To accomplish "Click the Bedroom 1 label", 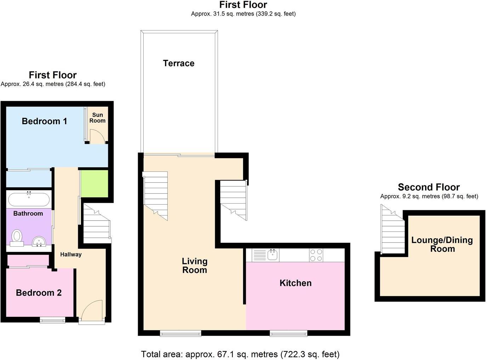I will pos(44,121).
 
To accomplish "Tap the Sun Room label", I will pos(97,118).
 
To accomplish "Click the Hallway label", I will pos(71,254).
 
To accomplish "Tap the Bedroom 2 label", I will pos(39,293).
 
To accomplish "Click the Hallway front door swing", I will pos(92,310).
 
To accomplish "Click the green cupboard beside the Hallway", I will pos(94,183).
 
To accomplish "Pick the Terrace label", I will pos(178,63).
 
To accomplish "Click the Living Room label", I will pos(194,265).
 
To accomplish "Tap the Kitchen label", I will pos(296,283).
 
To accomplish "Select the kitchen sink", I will pos(272,254).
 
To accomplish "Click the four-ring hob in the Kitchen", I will pos(316,255).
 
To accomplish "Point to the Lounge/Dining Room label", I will pos(442,244).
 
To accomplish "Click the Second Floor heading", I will pos(429,187).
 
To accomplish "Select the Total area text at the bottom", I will pos(240,354).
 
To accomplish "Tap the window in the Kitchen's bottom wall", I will pos(288,333).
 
